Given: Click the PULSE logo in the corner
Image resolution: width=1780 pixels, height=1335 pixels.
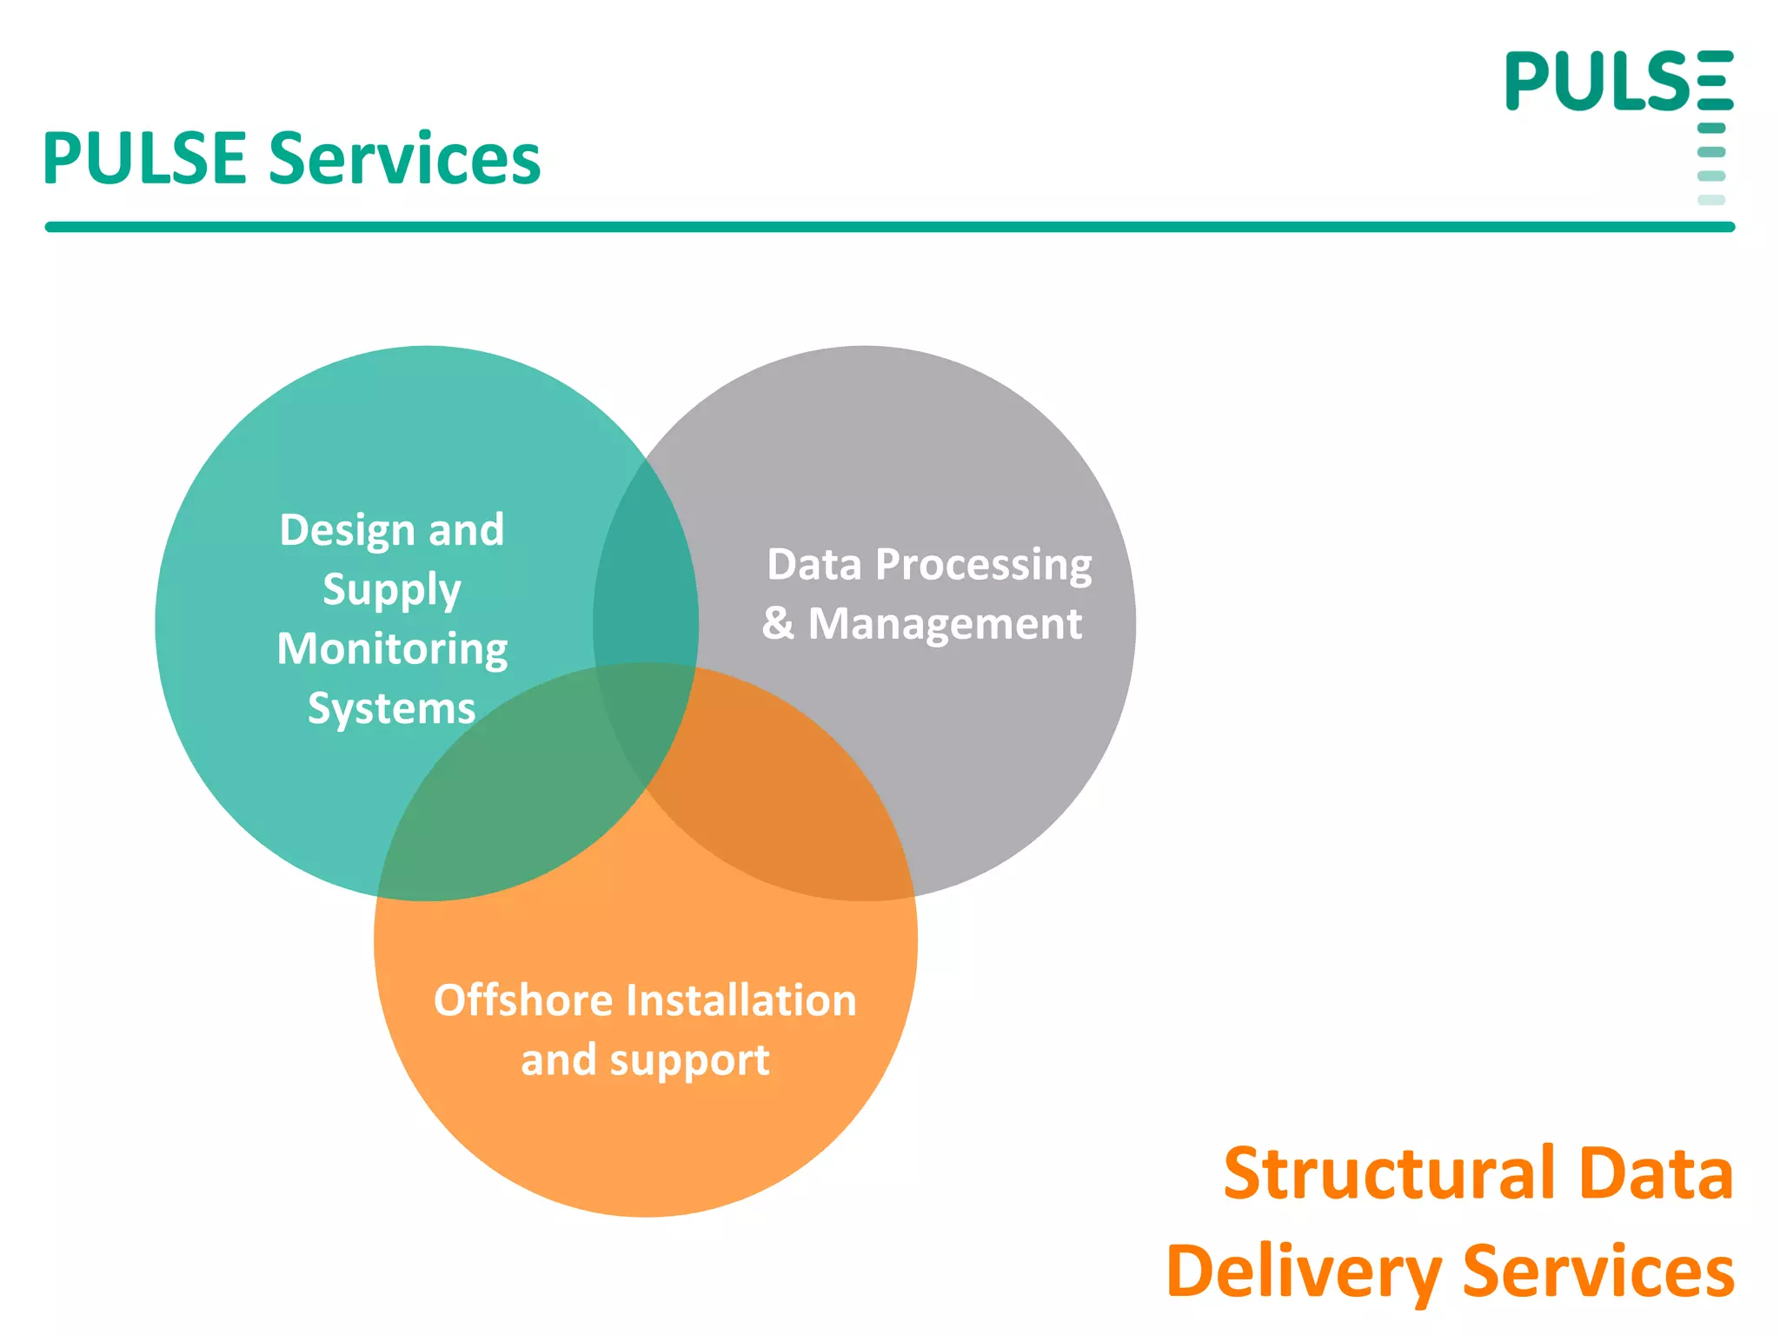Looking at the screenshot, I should tap(1618, 82).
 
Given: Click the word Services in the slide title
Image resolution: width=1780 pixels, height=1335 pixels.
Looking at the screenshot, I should tap(404, 159).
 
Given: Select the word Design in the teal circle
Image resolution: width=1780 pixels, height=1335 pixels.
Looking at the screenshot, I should tap(347, 530).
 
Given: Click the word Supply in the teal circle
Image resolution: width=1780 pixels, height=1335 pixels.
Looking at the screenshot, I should tap(391, 591).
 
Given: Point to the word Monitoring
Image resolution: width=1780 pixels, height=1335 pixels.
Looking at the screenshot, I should tap(392, 650).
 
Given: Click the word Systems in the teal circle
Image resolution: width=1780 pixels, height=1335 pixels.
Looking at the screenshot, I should tap(391, 708).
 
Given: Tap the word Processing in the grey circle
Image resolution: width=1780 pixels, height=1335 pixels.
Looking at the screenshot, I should tap(983, 566).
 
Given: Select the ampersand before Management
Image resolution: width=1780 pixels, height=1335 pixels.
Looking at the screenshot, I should tap(778, 624).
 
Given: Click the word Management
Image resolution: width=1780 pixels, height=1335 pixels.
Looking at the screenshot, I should tap(945, 625).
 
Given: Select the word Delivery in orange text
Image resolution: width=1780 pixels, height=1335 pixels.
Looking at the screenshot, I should tap(1304, 1272).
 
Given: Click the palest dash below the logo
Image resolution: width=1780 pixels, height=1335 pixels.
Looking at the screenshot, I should tap(1710, 200).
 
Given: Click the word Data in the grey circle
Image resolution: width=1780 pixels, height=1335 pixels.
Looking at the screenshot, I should tap(814, 565).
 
